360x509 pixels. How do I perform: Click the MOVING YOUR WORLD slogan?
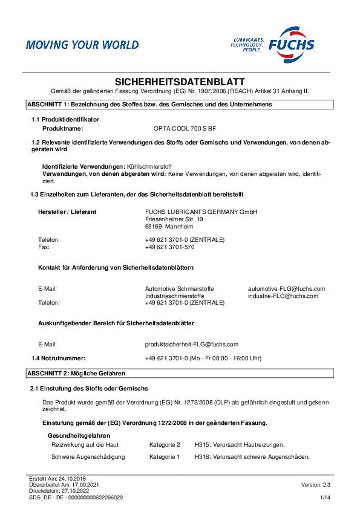tap(82, 45)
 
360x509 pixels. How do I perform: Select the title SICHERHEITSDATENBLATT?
tap(180, 81)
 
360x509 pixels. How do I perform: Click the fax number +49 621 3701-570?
tap(170, 247)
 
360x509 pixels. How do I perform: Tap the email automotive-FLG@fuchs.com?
tap(286, 289)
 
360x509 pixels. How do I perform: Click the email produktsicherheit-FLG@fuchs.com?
tap(192, 343)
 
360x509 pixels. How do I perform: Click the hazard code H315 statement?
tap(240, 444)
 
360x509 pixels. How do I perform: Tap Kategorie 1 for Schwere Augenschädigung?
tap(165, 456)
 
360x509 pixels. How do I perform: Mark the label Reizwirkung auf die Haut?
tap(85, 444)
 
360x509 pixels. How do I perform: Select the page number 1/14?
tap(326, 497)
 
